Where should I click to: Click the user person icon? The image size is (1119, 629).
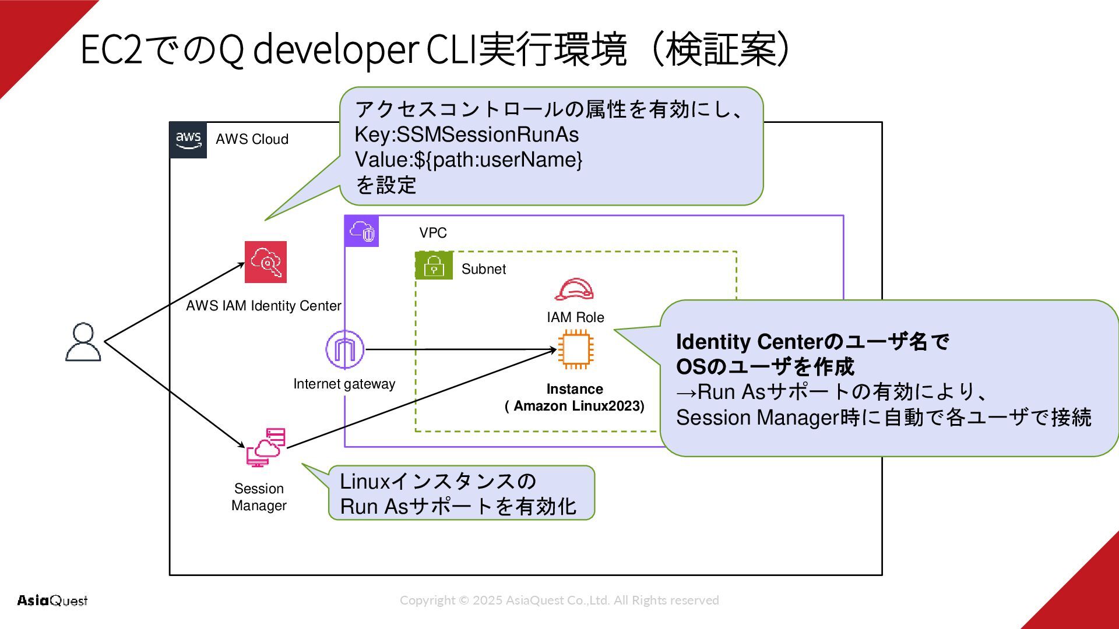pyautogui.click(x=83, y=342)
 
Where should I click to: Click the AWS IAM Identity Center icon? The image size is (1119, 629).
pyautogui.click(x=266, y=262)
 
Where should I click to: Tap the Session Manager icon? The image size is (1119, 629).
pyautogui.click(x=266, y=447)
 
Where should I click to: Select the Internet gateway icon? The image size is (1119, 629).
pyautogui.click(x=345, y=349)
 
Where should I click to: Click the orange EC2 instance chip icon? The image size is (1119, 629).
pyautogui.click(x=576, y=349)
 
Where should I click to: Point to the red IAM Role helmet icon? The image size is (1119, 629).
pyautogui.click(x=575, y=289)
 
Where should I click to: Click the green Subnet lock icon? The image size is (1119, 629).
pyautogui.click(x=434, y=266)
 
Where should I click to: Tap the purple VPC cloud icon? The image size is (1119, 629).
pyautogui.click(x=362, y=231)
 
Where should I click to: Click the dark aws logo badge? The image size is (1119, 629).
pyautogui.click(x=188, y=140)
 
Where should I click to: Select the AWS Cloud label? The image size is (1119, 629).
pyautogui.click(x=252, y=139)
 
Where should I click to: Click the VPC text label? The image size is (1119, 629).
pyautogui.click(x=433, y=233)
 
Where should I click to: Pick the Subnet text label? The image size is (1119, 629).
pyautogui.click(x=484, y=269)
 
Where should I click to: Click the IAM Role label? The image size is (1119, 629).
pyautogui.click(x=575, y=317)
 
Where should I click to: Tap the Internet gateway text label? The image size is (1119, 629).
pyautogui.click(x=344, y=384)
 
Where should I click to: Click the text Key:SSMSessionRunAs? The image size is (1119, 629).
pyautogui.click(x=467, y=135)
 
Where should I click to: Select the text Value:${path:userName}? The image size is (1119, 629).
pyautogui.click(x=469, y=160)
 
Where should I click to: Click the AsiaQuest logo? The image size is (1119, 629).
pyautogui.click(x=52, y=600)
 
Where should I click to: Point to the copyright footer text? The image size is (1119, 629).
pyautogui.click(x=559, y=600)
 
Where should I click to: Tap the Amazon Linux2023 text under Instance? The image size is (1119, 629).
pyautogui.click(x=575, y=406)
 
